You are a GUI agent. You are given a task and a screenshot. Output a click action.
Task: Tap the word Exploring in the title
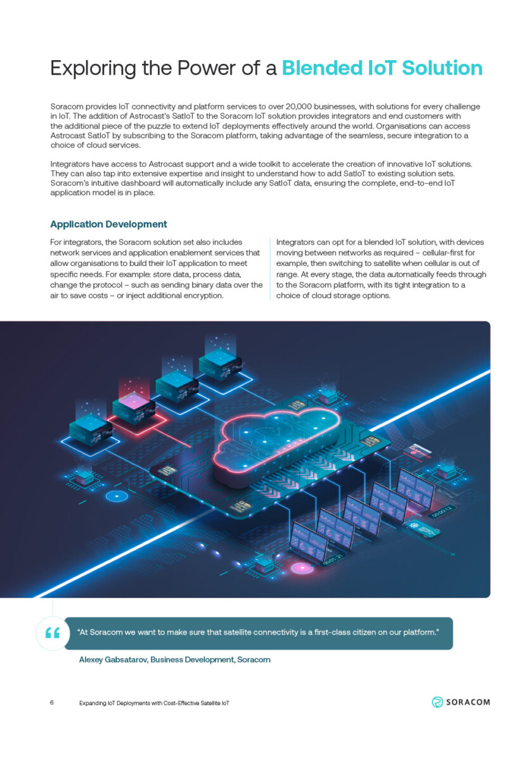[93, 68]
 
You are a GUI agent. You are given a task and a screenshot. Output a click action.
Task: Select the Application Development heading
[108, 224]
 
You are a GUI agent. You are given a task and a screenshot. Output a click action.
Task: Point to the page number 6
[52, 703]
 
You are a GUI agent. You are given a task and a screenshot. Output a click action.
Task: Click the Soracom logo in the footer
[461, 702]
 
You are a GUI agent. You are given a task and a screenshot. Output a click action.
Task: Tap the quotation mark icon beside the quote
[52, 633]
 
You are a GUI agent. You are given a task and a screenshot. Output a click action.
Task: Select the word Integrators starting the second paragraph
[70, 164]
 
